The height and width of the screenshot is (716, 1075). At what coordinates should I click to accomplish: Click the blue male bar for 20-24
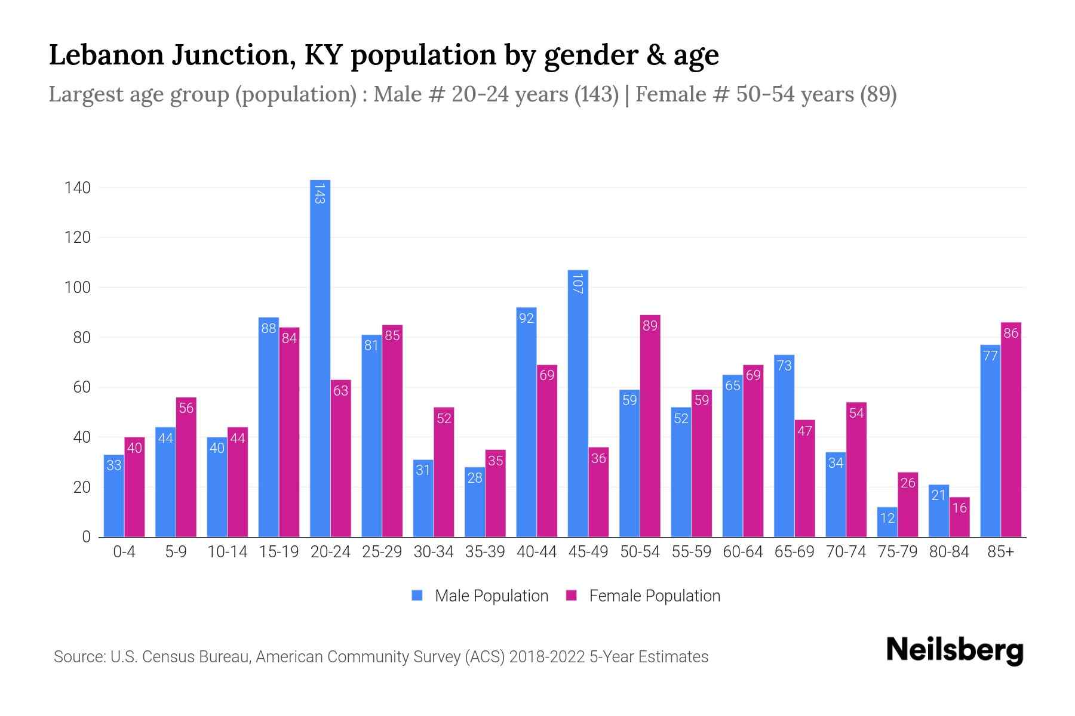320,358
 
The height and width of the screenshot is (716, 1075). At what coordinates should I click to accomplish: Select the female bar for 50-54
650,426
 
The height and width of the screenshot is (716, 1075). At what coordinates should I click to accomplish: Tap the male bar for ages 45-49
578,403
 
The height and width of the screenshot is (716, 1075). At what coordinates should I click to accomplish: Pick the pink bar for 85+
1011,430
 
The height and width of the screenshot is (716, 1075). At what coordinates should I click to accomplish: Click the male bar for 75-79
887,522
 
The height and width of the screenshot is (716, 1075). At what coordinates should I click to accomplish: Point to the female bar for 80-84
959,517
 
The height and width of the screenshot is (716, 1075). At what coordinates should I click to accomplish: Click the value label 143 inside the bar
320,194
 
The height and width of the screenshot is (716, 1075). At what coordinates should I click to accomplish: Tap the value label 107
578,283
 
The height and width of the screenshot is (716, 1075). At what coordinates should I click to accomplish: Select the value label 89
650,326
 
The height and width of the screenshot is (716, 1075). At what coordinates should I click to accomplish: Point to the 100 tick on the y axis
78,288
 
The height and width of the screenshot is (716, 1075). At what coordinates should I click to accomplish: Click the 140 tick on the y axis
78,188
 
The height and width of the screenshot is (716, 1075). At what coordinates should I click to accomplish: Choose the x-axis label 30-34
434,552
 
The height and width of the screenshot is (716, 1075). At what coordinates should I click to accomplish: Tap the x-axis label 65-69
794,552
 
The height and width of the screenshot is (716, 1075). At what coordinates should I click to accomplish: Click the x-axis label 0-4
124,552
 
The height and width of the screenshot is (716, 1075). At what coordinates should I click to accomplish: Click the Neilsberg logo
954,650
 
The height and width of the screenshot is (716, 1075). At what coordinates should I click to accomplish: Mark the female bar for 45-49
598,492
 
